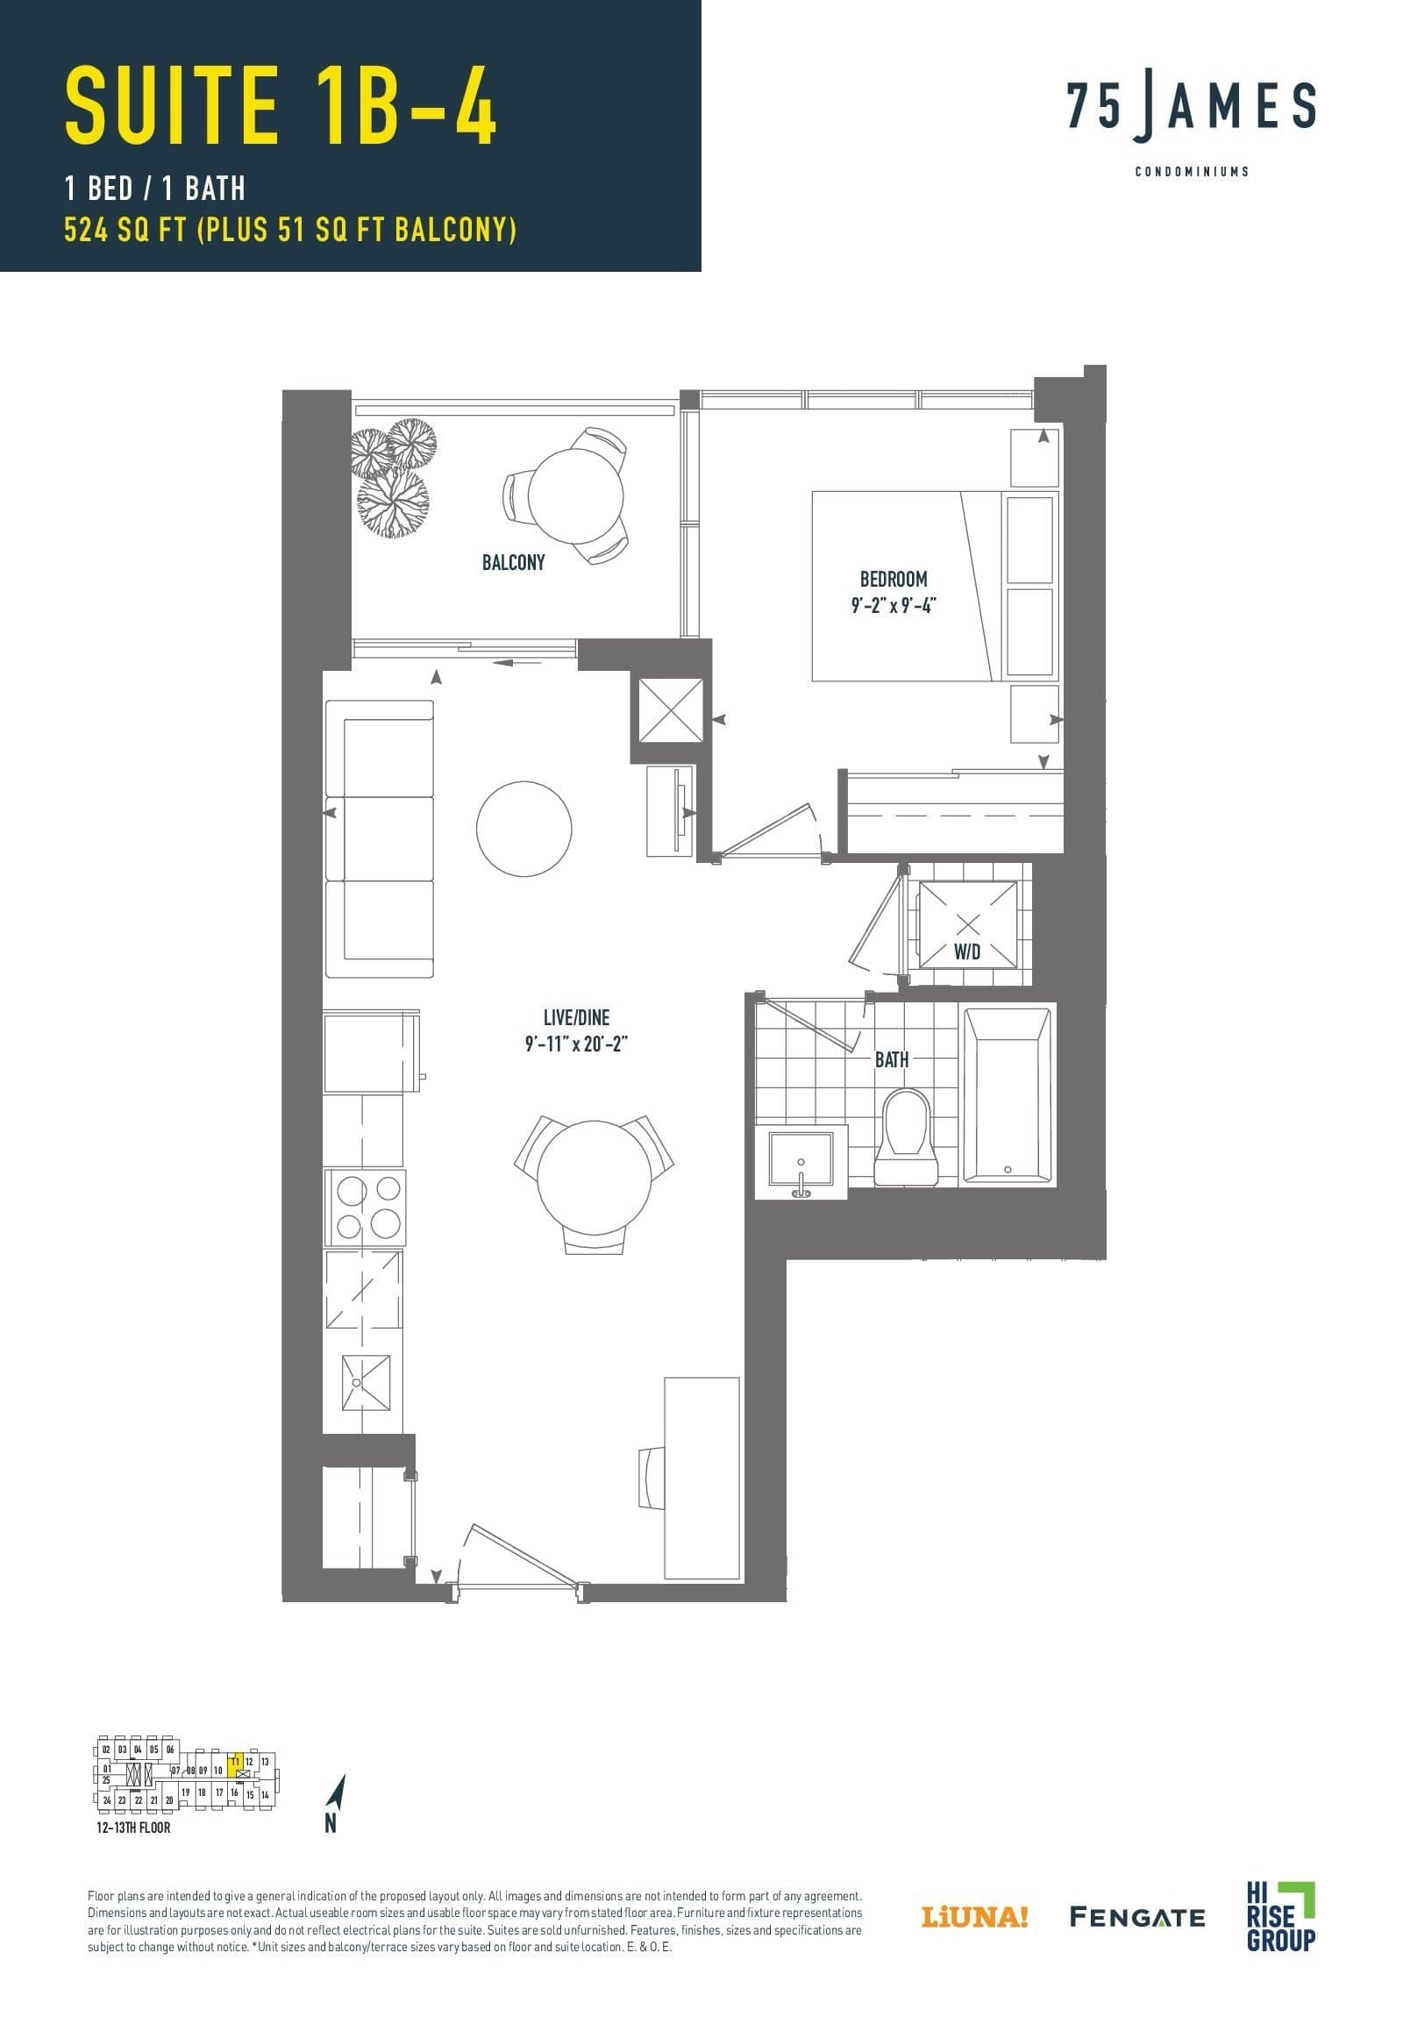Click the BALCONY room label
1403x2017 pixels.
click(x=513, y=562)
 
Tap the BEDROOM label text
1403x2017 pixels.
click(x=894, y=579)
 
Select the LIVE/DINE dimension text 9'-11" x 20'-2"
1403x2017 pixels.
click(x=576, y=1044)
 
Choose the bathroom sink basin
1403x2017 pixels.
click(x=801, y=1158)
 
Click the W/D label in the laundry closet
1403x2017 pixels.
click(x=967, y=951)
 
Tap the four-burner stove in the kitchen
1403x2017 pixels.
click(x=365, y=1207)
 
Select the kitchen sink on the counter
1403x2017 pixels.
click(x=365, y=1383)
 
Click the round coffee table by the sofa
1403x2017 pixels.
click(x=523, y=829)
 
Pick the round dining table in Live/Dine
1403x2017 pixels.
click(x=594, y=1178)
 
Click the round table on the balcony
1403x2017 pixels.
click(x=575, y=495)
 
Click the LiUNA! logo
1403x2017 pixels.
click(x=974, y=1917)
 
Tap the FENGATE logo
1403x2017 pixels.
click(x=1136, y=1917)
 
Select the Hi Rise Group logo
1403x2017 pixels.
click(x=1280, y=1915)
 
